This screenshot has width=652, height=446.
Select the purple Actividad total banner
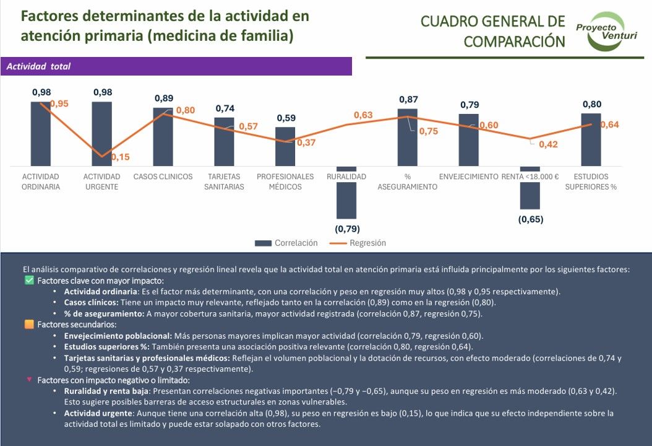point(176,66)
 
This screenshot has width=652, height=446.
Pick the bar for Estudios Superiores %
point(591,139)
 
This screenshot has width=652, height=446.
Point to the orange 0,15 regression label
point(121,157)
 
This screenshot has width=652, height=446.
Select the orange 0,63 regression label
point(363,115)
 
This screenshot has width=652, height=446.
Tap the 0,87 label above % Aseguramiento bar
point(408,99)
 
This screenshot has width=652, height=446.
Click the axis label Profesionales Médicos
point(285,181)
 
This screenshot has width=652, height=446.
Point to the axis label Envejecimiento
point(468,177)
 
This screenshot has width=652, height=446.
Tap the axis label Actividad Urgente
point(101,181)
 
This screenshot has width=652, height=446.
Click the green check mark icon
point(28,281)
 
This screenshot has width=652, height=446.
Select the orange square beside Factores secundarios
point(28,325)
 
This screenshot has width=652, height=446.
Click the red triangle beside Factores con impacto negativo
point(28,379)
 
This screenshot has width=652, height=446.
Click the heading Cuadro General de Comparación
point(493,31)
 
